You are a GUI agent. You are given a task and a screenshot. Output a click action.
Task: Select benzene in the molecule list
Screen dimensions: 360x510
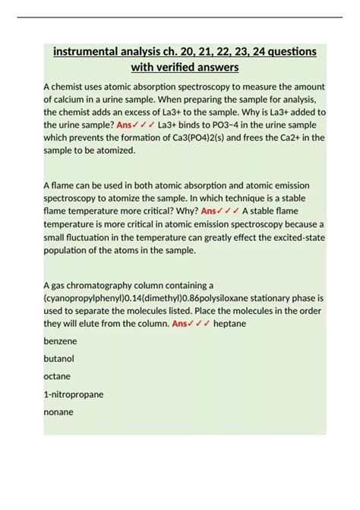60,341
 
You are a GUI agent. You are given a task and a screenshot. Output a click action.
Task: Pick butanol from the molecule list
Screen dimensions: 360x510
58,359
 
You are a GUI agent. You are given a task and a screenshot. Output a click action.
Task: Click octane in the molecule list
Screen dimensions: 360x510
57,376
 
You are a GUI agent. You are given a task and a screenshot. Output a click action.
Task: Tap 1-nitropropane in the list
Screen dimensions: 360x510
74,394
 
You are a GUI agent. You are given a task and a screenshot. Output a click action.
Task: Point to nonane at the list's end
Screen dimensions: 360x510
58,412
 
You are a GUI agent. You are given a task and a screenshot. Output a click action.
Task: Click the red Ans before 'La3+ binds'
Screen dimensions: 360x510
126,125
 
